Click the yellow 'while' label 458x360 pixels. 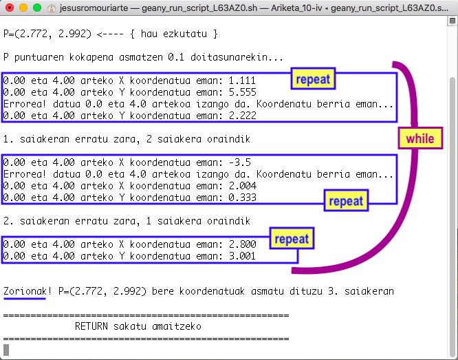click(419, 138)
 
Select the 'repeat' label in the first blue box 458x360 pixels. click(312, 79)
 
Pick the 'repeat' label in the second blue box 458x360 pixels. click(345, 202)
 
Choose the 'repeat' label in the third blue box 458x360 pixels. click(292, 239)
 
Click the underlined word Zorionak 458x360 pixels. click(25, 290)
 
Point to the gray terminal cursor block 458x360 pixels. click(6, 349)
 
